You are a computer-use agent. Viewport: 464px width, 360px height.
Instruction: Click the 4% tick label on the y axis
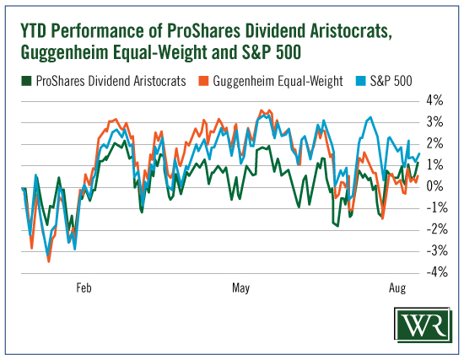point(434,100)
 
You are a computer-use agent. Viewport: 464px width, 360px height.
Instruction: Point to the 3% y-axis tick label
point(434,122)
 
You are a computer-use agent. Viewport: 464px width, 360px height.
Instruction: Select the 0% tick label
point(434,186)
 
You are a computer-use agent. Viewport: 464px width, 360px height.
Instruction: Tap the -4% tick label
point(437,271)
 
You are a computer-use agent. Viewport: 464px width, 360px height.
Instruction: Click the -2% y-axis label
point(437,229)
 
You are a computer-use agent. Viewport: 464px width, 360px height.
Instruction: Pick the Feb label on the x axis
point(84,287)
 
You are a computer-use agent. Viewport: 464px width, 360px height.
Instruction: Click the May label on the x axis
point(240,288)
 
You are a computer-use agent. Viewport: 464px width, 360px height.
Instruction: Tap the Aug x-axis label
point(397,288)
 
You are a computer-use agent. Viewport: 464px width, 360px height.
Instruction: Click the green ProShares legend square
point(26,81)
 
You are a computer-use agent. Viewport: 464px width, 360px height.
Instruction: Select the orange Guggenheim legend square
point(203,81)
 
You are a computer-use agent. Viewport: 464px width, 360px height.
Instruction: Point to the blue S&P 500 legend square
point(361,81)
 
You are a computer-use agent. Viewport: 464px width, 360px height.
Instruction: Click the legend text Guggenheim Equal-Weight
point(278,81)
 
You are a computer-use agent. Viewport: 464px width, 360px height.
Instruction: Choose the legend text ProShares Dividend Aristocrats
point(111,81)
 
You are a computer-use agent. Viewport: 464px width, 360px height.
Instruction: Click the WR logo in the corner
point(424,325)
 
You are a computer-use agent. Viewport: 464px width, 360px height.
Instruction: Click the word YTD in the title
point(33,30)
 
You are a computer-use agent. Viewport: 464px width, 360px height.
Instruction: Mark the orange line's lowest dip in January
point(49,261)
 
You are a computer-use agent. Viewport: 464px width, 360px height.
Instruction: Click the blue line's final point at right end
point(419,153)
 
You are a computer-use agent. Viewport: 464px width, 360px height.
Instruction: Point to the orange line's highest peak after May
point(262,110)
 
